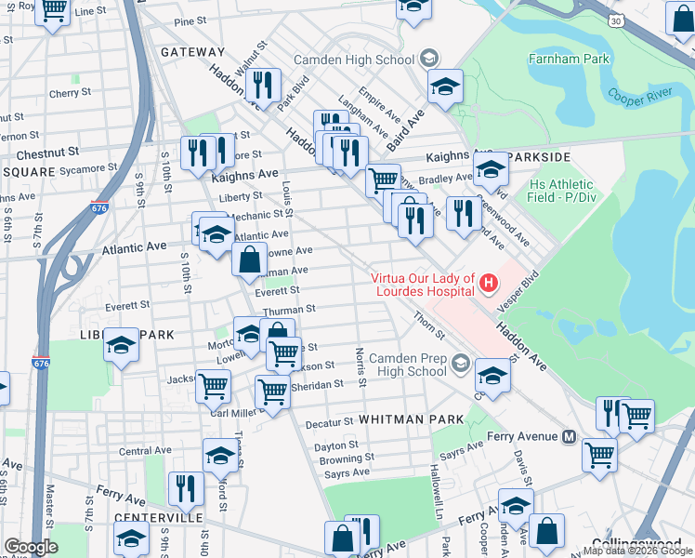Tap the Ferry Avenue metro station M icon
point(570,436)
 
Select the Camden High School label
point(354,60)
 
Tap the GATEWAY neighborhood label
point(192,52)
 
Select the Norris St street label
point(359,366)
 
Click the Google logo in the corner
point(31,547)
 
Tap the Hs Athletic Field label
point(559,191)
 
